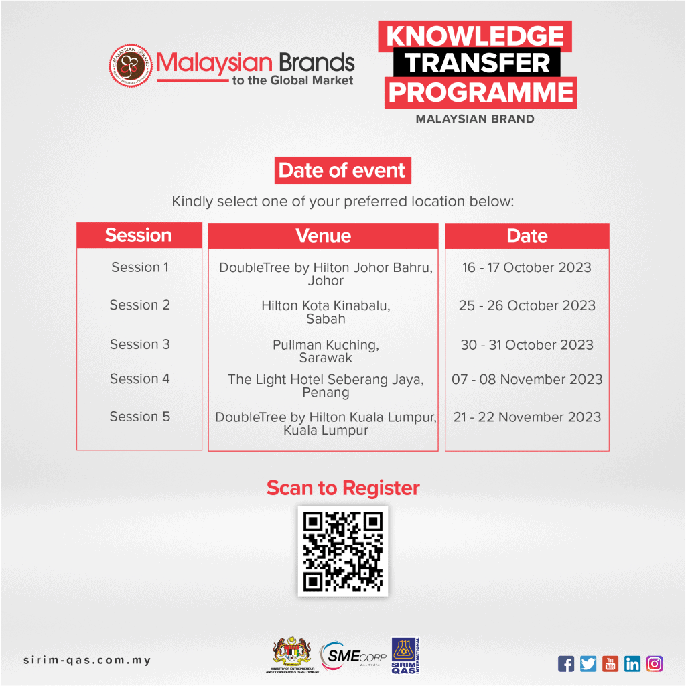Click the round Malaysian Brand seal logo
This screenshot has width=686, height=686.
click(x=131, y=66)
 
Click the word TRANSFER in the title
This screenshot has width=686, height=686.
click(x=477, y=62)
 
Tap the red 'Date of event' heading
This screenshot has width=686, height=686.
click(x=342, y=171)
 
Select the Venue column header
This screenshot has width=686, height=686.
click(x=324, y=236)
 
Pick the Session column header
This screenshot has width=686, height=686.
click(x=139, y=235)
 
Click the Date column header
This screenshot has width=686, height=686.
click(x=527, y=236)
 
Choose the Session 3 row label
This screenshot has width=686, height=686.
click(x=140, y=344)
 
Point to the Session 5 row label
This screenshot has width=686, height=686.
click(x=140, y=417)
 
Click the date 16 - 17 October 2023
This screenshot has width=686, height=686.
click(x=527, y=267)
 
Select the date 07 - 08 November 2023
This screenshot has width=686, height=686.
click(x=527, y=379)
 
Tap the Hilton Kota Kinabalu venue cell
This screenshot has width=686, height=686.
click(x=326, y=312)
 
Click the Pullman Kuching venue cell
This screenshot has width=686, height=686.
click(x=326, y=351)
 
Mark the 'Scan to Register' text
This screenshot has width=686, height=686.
click(x=343, y=488)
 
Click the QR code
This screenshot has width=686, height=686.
click(x=343, y=552)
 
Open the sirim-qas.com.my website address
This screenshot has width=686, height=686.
click(x=87, y=660)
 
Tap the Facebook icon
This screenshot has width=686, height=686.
click(x=566, y=664)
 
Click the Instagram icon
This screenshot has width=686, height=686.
click(x=655, y=664)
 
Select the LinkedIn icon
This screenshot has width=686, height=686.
click(x=632, y=664)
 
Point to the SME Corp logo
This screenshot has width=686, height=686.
click(x=354, y=655)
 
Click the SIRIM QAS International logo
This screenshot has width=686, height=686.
click(x=405, y=655)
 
